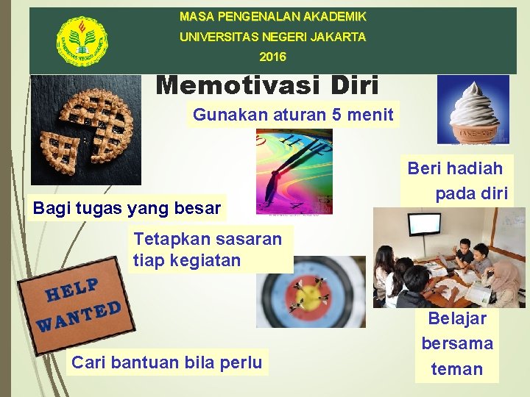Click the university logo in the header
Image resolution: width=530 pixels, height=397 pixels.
click(x=82, y=40)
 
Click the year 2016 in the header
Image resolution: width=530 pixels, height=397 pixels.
click(x=273, y=57)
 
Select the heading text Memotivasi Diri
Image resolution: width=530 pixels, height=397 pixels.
click(x=267, y=86)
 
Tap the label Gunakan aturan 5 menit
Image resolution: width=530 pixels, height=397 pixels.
click(x=293, y=115)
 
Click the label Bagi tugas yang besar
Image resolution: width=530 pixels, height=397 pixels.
click(x=127, y=208)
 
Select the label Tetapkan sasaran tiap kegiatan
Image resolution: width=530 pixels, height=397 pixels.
click(x=208, y=249)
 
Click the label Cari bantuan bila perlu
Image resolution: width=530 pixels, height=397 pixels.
click(x=166, y=362)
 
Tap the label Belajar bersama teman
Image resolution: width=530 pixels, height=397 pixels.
click(x=457, y=343)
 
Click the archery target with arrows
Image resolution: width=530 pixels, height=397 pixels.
click(x=311, y=292)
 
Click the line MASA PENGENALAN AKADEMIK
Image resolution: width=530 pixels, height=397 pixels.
click(x=273, y=16)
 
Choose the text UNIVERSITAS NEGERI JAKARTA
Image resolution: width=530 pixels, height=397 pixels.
click(x=273, y=36)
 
